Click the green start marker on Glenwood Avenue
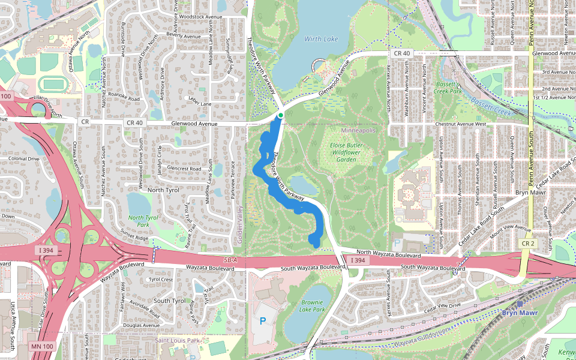coord(280,115)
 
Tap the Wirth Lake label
coord(321,39)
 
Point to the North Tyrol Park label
coord(143,221)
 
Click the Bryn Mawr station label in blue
coord(520,313)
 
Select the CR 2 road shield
coord(528,244)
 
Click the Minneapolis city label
coord(358,130)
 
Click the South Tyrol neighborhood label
coord(170,301)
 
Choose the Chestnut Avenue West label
coord(461,124)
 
